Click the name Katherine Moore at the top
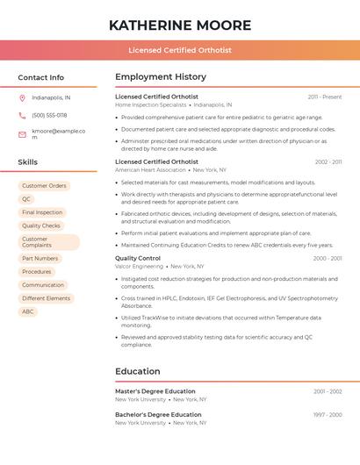180,25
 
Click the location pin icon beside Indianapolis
22,97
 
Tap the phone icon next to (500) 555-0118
22,115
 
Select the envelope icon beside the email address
22,133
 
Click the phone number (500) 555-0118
49,115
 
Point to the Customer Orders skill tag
44,186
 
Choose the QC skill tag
26,199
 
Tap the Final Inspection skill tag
42,212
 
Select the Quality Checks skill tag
41,225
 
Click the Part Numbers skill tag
40,259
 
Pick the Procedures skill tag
37,272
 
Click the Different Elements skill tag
46,298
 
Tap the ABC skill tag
28,311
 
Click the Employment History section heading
161,77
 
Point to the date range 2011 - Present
325,97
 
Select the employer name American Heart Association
150,170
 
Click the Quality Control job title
138,258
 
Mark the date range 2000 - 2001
328,258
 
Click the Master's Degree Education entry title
155,391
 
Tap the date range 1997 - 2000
328,414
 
